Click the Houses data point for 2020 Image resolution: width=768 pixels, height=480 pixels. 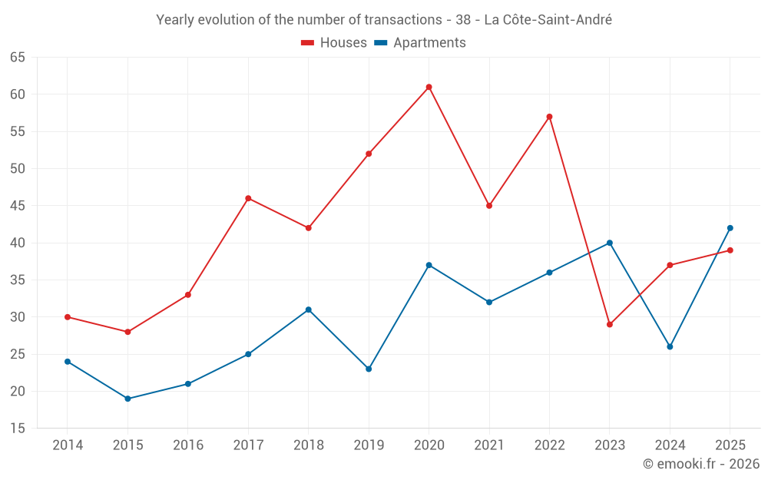[x=429, y=88]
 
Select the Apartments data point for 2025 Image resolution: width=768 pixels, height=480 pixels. [x=730, y=228]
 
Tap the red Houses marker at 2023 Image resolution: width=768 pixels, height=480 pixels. [x=610, y=325]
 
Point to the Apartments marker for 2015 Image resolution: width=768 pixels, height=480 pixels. [x=127, y=399]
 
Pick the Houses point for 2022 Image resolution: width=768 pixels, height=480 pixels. [x=550, y=117]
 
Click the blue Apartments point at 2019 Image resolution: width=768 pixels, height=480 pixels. [x=369, y=369]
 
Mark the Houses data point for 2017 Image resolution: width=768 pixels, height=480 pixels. [x=248, y=198]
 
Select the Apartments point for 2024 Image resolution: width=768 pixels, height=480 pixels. [x=670, y=347]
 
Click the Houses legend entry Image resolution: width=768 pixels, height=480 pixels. [x=334, y=42]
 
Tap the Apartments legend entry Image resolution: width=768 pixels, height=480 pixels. [x=420, y=42]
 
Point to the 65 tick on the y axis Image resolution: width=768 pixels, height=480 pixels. [x=17, y=58]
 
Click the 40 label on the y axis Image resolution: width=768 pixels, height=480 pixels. [x=17, y=243]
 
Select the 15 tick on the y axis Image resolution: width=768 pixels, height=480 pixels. [x=17, y=429]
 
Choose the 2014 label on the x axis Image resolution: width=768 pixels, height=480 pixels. [x=68, y=445]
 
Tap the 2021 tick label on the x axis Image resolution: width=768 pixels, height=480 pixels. [x=489, y=445]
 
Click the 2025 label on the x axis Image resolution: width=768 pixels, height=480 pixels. [x=730, y=445]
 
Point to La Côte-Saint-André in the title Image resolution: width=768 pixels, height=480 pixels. [x=548, y=20]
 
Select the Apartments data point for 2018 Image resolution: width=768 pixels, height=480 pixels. [x=309, y=310]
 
